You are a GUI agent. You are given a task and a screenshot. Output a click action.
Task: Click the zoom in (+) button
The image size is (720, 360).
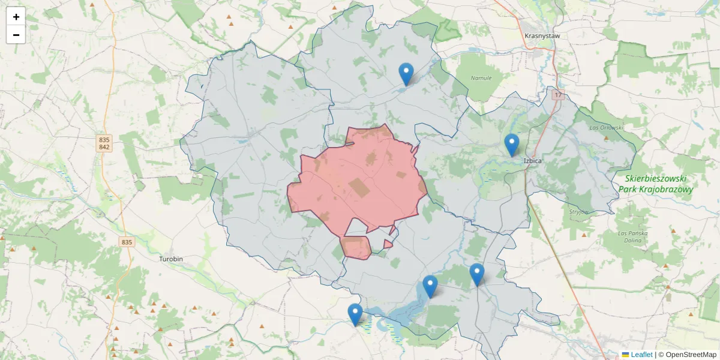click(16, 17)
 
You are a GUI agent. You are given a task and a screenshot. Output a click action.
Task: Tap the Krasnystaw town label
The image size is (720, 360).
click(542, 36)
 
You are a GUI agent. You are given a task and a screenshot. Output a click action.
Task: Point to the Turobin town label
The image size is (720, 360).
click(171, 259)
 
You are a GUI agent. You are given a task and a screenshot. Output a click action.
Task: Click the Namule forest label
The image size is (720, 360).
click(481, 78)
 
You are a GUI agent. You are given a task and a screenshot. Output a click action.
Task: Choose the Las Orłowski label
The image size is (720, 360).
click(607, 128)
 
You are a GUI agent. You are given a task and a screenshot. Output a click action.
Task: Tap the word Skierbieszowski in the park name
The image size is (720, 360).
click(656, 179)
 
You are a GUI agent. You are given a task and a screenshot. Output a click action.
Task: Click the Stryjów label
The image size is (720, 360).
click(579, 212)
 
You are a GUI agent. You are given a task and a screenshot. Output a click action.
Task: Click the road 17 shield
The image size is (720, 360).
click(559, 95)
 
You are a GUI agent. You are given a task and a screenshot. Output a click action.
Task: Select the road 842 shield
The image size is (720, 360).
click(104, 147)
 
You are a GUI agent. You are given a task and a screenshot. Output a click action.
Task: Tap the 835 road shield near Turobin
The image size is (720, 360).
click(126, 242)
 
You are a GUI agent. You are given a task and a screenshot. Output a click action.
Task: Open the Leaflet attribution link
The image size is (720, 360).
click(641, 355)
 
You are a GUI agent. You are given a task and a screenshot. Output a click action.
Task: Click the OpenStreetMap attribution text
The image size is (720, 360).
click(687, 355)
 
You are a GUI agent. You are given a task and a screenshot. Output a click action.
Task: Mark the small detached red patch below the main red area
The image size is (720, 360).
click(356, 247)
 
